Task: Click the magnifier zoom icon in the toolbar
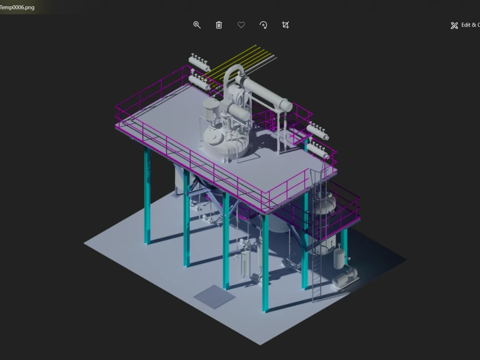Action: [197, 25]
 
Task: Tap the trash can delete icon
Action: [219, 25]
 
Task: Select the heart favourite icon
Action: [241, 25]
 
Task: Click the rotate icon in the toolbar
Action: [263, 25]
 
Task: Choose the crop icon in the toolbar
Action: [286, 25]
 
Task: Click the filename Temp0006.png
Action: [17, 7]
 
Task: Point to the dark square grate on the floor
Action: [214, 296]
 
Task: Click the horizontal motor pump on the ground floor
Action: [345, 278]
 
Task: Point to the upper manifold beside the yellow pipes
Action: [199, 63]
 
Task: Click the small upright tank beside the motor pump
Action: [340, 256]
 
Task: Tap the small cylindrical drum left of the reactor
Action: [210, 109]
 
